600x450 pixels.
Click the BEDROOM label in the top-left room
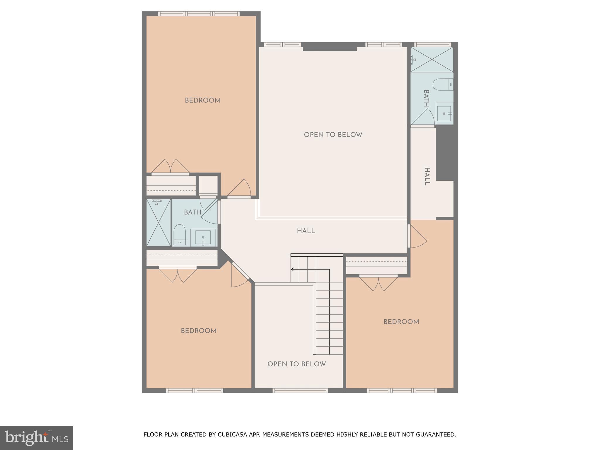[x=202, y=100]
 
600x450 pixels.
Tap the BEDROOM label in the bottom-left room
[x=198, y=331]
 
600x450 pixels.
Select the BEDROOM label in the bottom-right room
[x=401, y=322]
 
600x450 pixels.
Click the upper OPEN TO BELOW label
[x=333, y=135]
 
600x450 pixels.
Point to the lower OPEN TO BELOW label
[x=296, y=364]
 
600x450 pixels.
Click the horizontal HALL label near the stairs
[x=306, y=231]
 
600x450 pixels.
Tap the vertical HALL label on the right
[x=427, y=176]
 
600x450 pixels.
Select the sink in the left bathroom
[x=203, y=238]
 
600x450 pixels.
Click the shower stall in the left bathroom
[x=158, y=223]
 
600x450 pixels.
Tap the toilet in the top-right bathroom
[x=443, y=85]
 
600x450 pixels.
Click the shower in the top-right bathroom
[x=432, y=59]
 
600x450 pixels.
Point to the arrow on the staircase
[x=292, y=269]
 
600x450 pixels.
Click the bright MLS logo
[x=36, y=438]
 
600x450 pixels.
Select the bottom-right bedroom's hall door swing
[x=417, y=237]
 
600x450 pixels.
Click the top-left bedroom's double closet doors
[x=170, y=167]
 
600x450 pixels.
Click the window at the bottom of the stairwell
[x=300, y=390]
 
